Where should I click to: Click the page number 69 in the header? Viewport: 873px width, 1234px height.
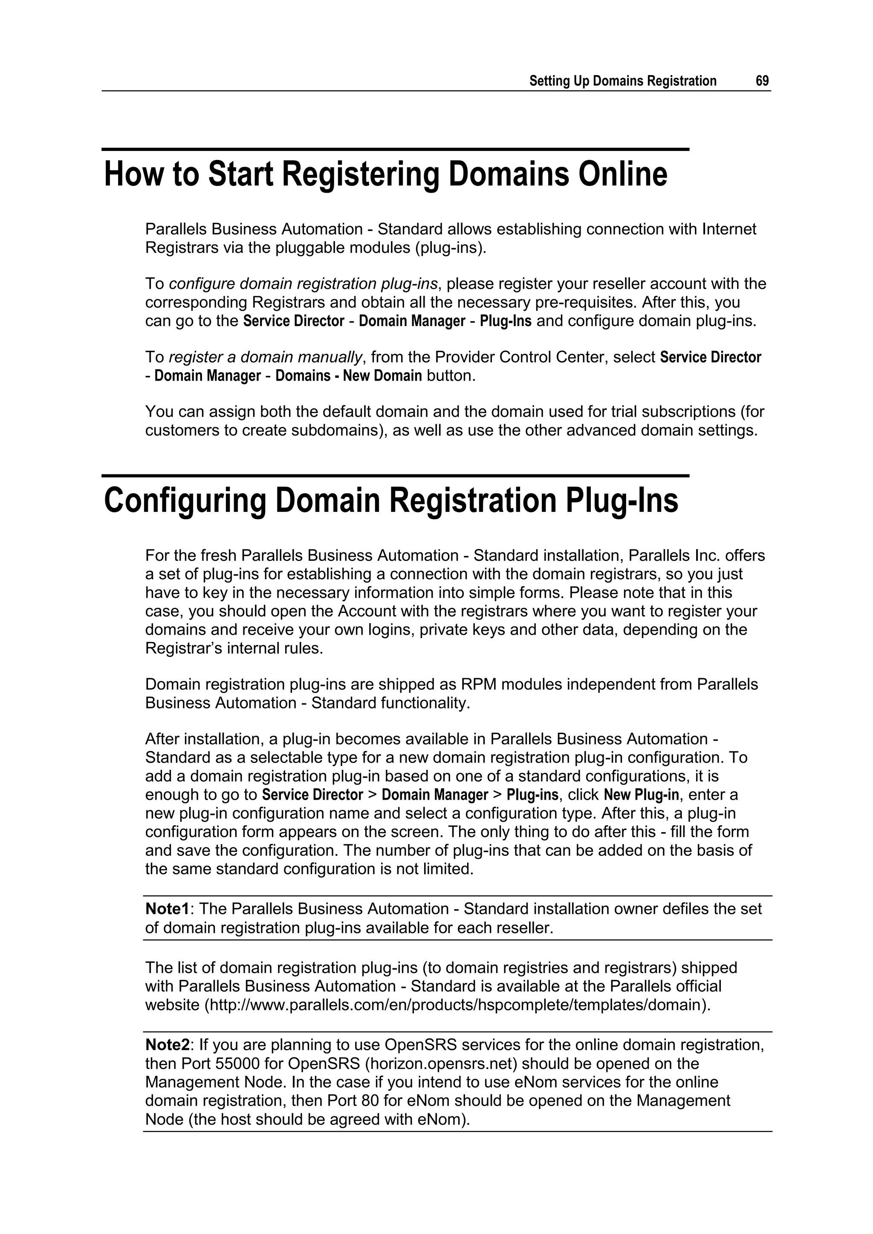pos(762,81)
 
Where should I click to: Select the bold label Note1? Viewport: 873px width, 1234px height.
pos(167,909)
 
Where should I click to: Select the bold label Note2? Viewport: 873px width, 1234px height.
pos(168,1045)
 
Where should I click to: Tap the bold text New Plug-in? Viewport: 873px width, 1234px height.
pos(641,795)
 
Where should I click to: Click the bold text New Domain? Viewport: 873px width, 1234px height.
pos(382,376)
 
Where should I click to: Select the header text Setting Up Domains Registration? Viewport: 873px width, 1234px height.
pos(622,81)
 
